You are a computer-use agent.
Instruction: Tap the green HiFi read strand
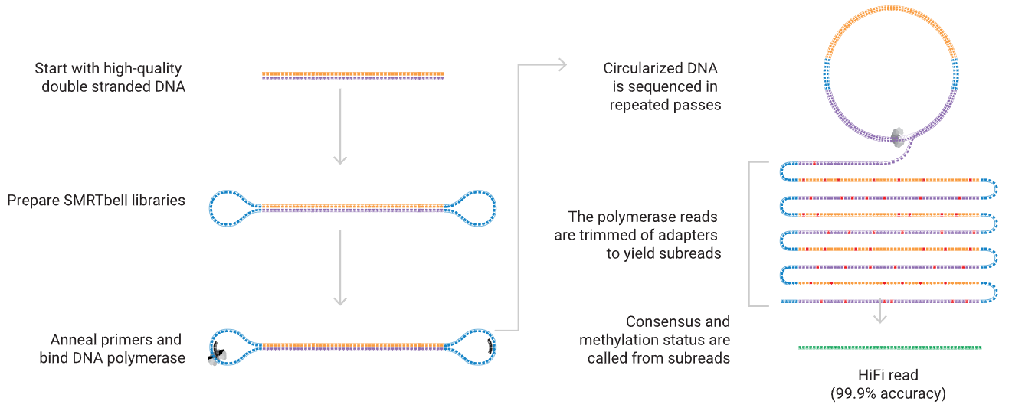889,347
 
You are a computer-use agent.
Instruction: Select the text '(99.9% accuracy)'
889,394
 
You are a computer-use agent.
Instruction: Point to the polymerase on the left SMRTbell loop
218,354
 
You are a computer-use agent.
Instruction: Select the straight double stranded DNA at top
352,76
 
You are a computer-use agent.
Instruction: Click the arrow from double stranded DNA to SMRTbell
341,126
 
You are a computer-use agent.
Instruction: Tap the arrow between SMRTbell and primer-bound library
341,268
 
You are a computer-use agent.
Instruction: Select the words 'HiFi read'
889,376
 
